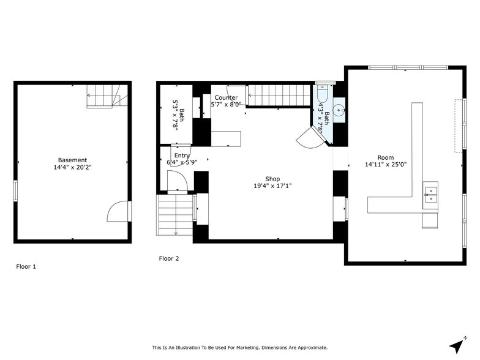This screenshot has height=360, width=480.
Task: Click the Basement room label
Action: [x=72, y=160]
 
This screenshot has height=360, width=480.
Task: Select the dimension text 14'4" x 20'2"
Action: [x=72, y=167]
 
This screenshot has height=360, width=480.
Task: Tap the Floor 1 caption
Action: [x=26, y=266]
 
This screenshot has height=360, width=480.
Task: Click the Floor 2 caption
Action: [x=169, y=258]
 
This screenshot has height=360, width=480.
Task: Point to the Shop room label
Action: [x=272, y=179]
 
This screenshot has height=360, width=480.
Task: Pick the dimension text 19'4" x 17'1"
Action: [x=272, y=186]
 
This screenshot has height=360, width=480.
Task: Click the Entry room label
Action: [x=182, y=156]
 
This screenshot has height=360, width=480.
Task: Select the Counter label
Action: [x=226, y=97]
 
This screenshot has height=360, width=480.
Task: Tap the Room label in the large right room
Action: [x=386, y=157]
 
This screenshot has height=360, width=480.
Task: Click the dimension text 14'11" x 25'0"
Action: [x=386, y=164]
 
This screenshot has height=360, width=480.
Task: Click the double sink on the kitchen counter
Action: [x=431, y=194]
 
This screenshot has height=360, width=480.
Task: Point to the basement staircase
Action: [x=107, y=96]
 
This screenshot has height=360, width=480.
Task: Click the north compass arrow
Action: [x=457, y=345]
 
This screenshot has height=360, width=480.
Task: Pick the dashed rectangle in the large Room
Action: [x=457, y=126]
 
